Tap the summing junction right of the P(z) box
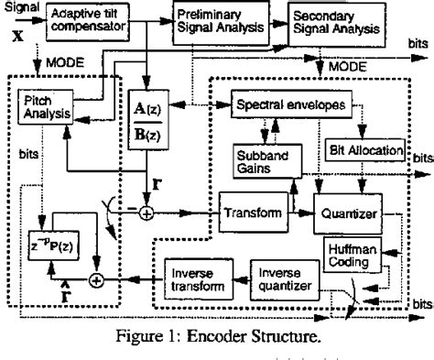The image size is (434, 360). (120, 278)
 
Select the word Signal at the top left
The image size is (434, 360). (21, 6)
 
